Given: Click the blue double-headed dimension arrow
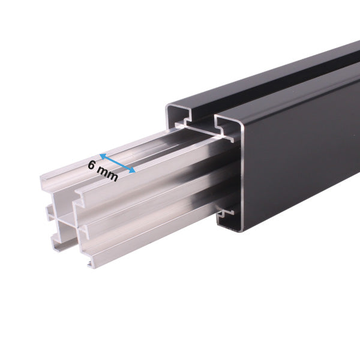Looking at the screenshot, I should point(118,163).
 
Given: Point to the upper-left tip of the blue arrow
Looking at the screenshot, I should point(101,154).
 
